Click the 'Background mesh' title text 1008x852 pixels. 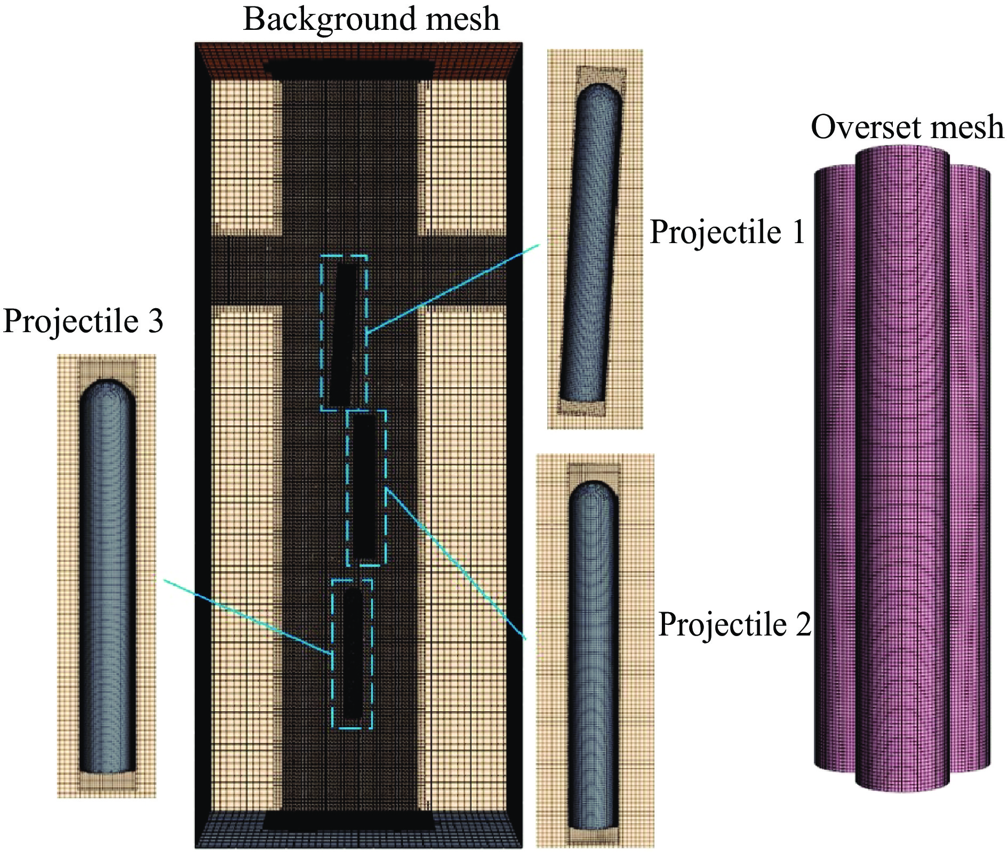(x=371, y=19)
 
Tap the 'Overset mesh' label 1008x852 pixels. (x=907, y=127)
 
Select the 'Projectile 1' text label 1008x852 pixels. (x=727, y=232)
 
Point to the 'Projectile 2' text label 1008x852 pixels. (x=734, y=624)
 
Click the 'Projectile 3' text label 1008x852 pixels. (x=83, y=321)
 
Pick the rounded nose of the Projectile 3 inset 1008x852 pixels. (x=108, y=390)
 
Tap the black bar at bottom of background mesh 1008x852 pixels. (x=349, y=821)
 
